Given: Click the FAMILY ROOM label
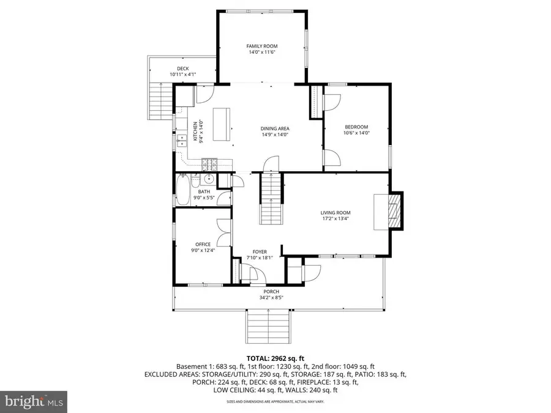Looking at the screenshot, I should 262,47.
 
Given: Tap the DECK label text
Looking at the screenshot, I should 182,69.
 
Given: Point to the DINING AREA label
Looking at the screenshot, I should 274,128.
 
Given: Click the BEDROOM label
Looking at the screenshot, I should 356,127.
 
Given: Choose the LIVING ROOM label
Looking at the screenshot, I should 335,213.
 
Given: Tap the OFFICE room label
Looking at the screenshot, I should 203,244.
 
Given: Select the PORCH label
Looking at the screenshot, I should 271,291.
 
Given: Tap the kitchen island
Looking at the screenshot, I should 222,124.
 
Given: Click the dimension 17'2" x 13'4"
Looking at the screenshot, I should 335,219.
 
